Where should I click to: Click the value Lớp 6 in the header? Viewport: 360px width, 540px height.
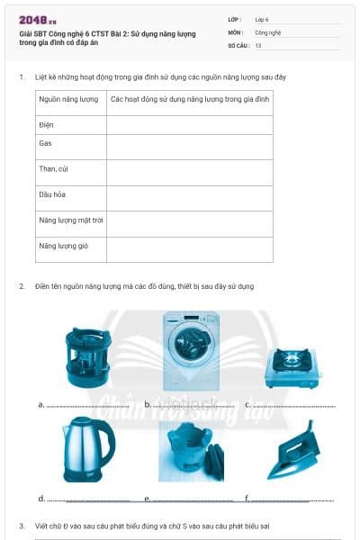pyautogui.click(x=262, y=18)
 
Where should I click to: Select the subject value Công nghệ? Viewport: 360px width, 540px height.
pyautogui.click(x=268, y=31)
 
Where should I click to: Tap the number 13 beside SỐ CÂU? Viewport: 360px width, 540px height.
pyautogui.click(x=258, y=44)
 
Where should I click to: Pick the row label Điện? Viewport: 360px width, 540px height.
pyautogui.click(x=47, y=124)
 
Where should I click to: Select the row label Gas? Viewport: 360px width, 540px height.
pyautogui.click(x=46, y=143)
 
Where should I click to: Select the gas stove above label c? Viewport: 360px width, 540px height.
pyautogui.click(x=292, y=365)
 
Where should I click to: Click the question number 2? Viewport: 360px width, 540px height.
pyautogui.click(x=22, y=286)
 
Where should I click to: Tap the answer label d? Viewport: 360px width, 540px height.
pyautogui.click(x=41, y=498)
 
